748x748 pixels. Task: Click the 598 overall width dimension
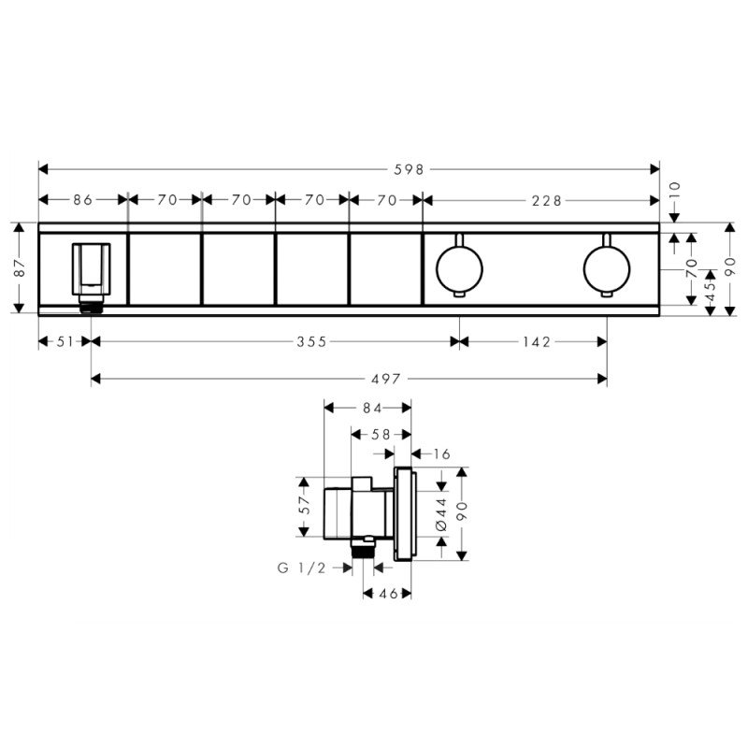pos(410,169)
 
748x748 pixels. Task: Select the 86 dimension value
pos(82,199)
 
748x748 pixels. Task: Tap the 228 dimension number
pos(546,199)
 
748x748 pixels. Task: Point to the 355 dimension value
pos(311,342)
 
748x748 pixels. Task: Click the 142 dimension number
pos(536,342)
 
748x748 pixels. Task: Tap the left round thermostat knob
pos(459,268)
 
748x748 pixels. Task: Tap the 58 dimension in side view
pos(381,433)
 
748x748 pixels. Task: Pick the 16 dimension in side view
pos(441,453)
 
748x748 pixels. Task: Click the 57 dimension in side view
pos(302,507)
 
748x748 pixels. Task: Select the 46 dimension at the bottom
pos(387,594)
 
